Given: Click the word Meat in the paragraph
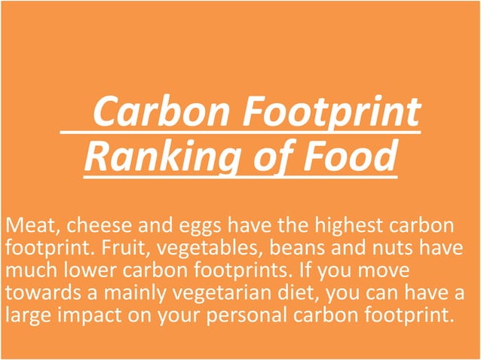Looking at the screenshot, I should (24, 225).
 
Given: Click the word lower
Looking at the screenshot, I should (97, 269).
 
